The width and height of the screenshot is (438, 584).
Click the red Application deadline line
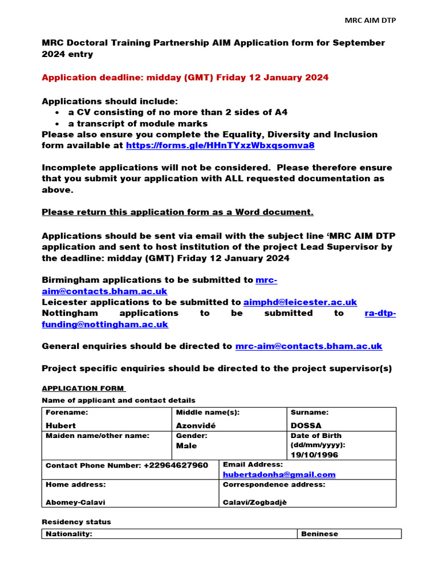[x=185, y=78]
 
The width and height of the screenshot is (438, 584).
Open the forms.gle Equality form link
[x=220, y=145]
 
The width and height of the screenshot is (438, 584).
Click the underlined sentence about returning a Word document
[x=177, y=212]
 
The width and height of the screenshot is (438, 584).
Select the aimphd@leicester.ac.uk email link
[x=300, y=302]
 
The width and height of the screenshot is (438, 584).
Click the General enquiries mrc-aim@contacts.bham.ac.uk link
[x=309, y=346]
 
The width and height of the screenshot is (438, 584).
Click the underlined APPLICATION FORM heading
[x=83, y=388]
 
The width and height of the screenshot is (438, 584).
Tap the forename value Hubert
[x=60, y=425]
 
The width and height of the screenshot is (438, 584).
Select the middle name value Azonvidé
[x=197, y=425]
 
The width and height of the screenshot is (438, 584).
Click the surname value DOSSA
[x=306, y=425]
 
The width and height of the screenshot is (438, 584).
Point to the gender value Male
[x=186, y=445]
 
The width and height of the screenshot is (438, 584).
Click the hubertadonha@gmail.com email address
[x=279, y=474]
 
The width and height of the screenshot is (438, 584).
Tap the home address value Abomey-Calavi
[x=75, y=502]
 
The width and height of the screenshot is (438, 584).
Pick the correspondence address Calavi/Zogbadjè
[x=254, y=502]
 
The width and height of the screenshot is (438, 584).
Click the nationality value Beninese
[x=319, y=534]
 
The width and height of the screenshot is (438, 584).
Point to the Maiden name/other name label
[x=97, y=436]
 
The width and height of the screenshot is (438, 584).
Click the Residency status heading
[x=76, y=522]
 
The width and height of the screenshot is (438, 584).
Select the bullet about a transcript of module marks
[x=137, y=124]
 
